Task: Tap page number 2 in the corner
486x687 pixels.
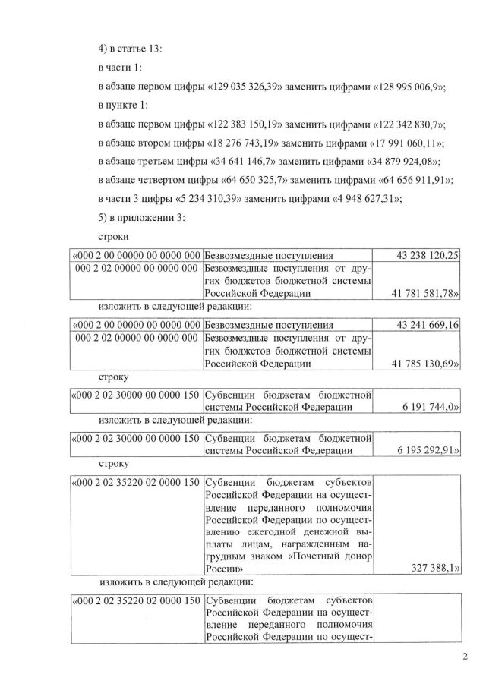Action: (x=465, y=657)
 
